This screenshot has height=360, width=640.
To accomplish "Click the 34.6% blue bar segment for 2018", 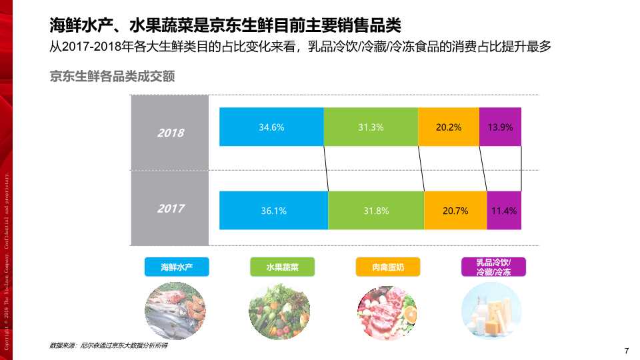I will (271, 127).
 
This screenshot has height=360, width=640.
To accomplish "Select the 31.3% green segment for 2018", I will (371, 127).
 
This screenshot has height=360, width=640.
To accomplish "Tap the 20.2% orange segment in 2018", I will (449, 127).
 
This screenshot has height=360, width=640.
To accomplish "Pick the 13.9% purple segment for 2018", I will (500, 127).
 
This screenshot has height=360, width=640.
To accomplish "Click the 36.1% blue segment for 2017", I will (273, 211).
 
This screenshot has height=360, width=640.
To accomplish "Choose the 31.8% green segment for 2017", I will (376, 211).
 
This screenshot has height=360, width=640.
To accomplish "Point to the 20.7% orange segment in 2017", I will (455, 211).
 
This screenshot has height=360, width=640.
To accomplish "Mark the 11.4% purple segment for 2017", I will (504, 211).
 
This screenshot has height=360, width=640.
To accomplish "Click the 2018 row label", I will (171, 133).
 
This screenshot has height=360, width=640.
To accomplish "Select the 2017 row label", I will (171, 209).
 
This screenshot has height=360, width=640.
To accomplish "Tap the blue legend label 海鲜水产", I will (177, 267).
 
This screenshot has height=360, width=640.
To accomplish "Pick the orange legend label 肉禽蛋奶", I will (387, 267).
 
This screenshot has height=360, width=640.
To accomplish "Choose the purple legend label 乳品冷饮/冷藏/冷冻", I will (493, 267).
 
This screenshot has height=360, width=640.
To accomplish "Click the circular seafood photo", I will (177, 311).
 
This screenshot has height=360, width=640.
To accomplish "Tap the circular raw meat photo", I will (387, 311).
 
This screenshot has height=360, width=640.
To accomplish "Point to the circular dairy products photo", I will (492, 311).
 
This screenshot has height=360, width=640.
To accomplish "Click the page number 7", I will (626, 351).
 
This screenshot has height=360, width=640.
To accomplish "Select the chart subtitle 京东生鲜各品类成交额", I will (112, 77).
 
